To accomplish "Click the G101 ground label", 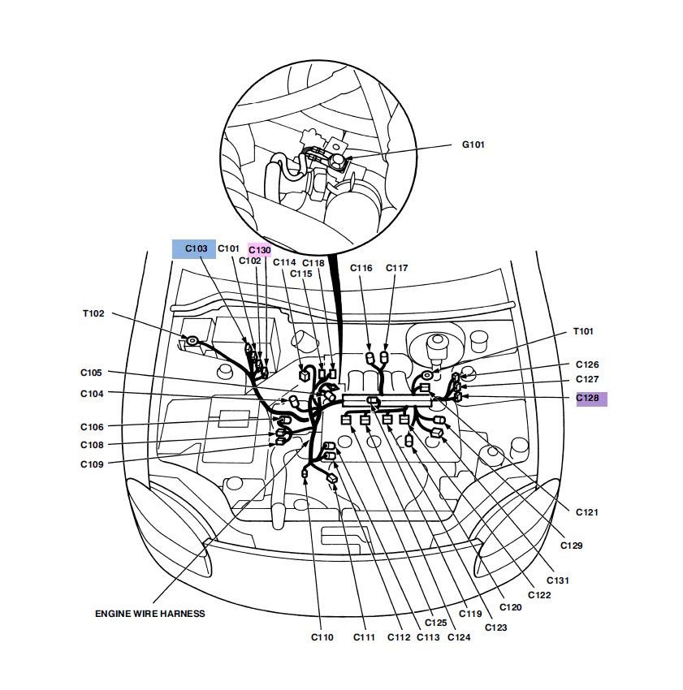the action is (x=473, y=144).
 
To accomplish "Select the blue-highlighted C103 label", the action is (x=196, y=248).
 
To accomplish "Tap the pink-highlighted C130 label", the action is (x=260, y=250).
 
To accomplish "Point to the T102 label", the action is (x=93, y=313).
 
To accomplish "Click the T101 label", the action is (x=583, y=331).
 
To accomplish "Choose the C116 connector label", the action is (x=361, y=268).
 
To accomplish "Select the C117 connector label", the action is (x=397, y=268).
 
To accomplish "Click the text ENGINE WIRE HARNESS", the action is (x=150, y=614).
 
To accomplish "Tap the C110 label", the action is (x=322, y=637).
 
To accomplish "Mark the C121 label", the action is (x=587, y=512).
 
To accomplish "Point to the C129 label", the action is (x=571, y=546).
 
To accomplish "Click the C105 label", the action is (x=91, y=373).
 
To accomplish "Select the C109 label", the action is (x=92, y=464).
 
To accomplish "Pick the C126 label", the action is (x=587, y=364).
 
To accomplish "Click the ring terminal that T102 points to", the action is (x=192, y=341).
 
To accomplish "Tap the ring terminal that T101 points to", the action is (x=426, y=375).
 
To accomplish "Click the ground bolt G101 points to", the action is (x=338, y=162).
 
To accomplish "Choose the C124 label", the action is (x=459, y=637).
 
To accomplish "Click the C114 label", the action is (x=284, y=263).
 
